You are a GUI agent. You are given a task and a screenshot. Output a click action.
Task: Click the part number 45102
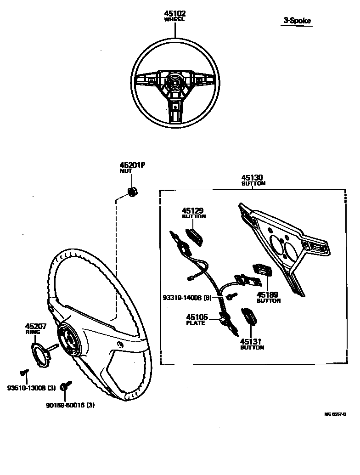click(x=174, y=14)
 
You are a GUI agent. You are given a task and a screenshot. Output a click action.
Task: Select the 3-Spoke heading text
click(x=297, y=21)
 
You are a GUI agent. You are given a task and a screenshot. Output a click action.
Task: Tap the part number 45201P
click(x=132, y=165)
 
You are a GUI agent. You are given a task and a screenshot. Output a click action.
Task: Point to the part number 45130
click(x=253, y=178)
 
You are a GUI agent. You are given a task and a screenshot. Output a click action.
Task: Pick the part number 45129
click(x=193, y=211)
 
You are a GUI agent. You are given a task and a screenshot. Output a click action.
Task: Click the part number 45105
click(x=197, y=317)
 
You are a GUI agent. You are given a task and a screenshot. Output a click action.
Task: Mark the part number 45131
click(x=252, y=342)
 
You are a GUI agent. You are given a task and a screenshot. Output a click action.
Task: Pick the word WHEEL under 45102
click(x=174, y=20)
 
